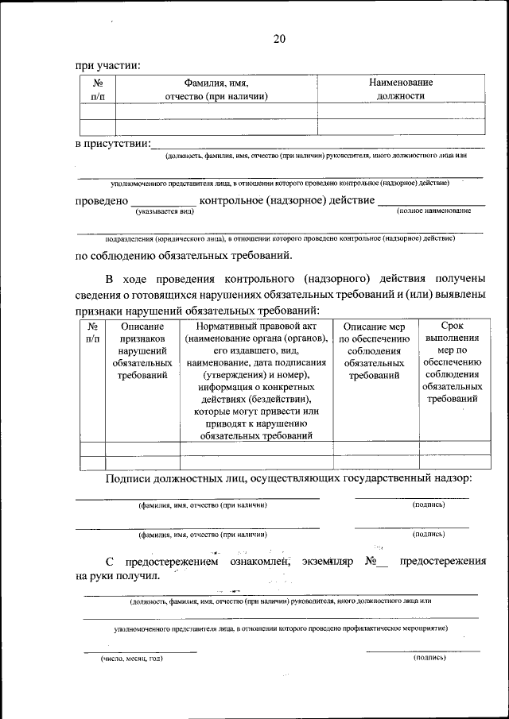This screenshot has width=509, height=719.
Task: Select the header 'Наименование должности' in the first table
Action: click(x=401, y=89)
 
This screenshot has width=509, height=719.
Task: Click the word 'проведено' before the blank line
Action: click(x=101, y=201)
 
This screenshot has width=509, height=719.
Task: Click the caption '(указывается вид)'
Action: click(x=165, y=212)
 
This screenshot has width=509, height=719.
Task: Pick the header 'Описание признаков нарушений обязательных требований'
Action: click(x=142, y=350)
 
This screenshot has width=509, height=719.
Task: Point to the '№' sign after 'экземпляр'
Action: click(x=370, y=561)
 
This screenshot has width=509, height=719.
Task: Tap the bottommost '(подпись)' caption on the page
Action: click(x=429, y=659)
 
